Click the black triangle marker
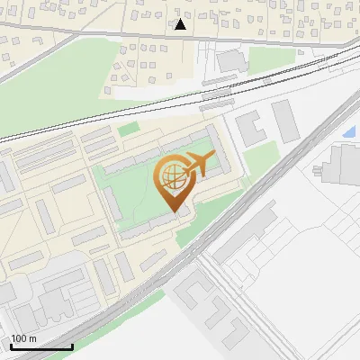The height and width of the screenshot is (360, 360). [181, 24]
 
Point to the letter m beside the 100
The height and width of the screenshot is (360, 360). [33, 339]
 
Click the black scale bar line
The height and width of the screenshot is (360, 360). [40, 346]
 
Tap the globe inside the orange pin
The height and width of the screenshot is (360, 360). [171, 179]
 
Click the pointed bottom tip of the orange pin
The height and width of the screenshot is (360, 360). [174, 211]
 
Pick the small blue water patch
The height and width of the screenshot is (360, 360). [348, 132]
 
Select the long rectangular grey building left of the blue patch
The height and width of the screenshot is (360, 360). [286, 121]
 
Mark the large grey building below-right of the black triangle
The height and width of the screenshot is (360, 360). [231, 61]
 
